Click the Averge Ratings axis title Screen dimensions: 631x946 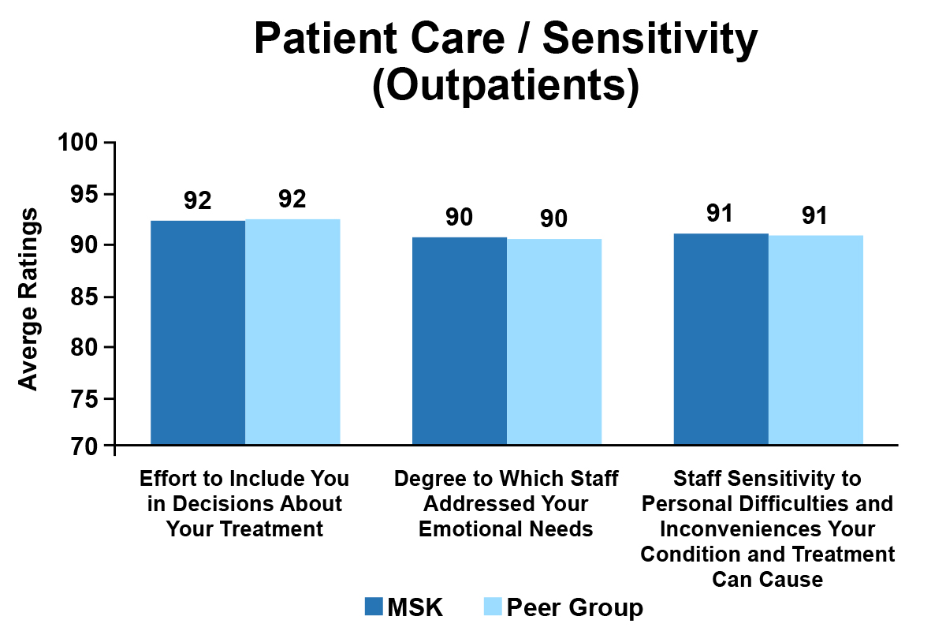28,299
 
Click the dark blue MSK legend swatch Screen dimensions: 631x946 374,607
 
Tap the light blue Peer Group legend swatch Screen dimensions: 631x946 490,607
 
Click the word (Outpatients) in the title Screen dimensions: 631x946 505,87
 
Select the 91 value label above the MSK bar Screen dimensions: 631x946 721,214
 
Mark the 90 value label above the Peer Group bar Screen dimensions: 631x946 554,219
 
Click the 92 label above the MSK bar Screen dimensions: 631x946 198,200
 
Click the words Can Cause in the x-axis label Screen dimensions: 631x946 767,580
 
